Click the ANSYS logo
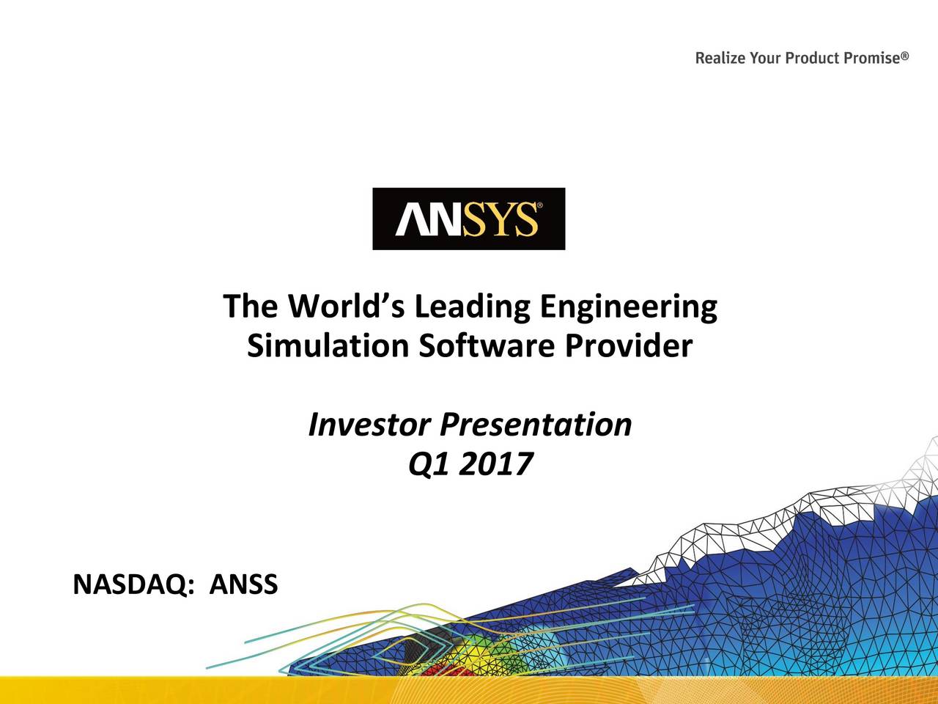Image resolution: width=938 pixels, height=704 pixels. (x=468, y=219)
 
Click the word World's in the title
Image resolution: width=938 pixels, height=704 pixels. (x=347, y=307)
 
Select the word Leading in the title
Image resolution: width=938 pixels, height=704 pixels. (x=473, y=307)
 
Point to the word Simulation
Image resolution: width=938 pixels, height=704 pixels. (x=327, y=346)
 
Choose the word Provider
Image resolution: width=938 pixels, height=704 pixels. (x=627, y=346)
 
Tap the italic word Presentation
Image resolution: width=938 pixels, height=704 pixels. (x=535, y=425)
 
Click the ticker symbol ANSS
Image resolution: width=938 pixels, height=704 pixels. (x=243, y=584)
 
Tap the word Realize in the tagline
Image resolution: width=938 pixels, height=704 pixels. (x=720, y=58)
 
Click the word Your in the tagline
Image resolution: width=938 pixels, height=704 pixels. (x=765, y=58)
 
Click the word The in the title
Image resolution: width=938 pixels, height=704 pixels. (x=250, y=307)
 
